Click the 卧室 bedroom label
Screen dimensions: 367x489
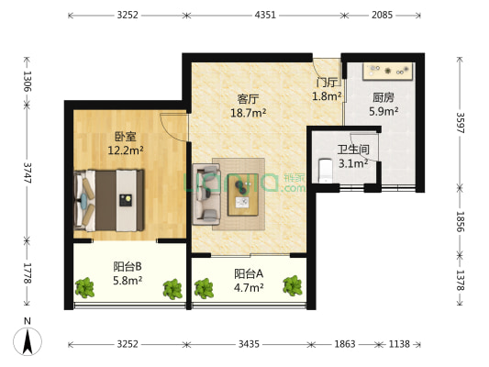pos(124,135)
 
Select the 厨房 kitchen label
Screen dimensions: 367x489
pos(383,97)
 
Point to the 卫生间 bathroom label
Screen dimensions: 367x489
pos(352,150)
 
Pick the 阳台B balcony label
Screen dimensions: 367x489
pos(127,266)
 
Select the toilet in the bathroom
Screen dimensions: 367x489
pos(323,170)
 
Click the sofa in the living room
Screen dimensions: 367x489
pos(205,194)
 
